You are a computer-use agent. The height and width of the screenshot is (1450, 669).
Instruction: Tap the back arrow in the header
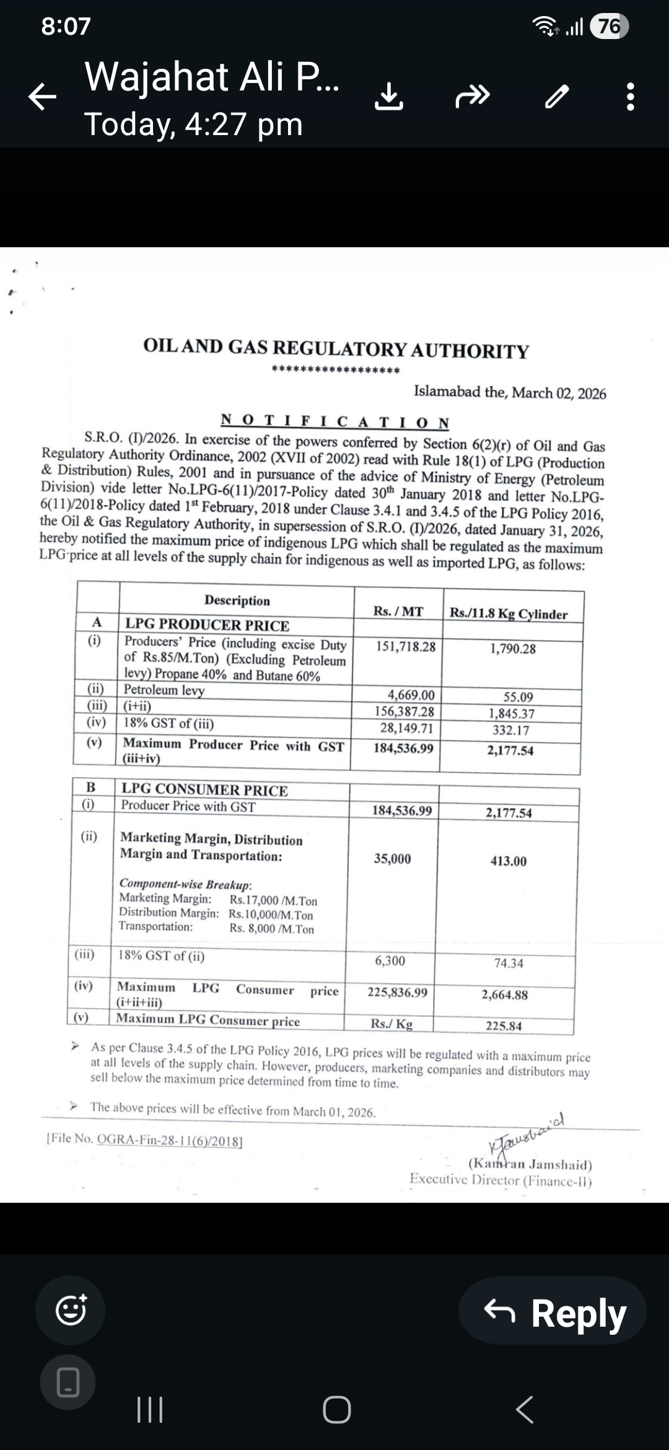coord(43,97)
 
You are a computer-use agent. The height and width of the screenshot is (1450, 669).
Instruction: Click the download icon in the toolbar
coord(389,97)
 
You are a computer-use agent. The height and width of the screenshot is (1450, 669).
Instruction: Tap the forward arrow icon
coord(473,97)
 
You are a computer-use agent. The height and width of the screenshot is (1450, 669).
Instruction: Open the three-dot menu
coord(631,97)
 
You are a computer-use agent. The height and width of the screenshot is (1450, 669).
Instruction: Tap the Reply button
coord(553,1310)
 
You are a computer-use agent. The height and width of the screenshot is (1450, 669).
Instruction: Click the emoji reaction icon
coord(71,1310)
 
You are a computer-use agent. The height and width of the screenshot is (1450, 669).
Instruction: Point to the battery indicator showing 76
coord(609,27)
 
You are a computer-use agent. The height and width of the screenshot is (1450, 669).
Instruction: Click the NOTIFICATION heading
coord(335,422)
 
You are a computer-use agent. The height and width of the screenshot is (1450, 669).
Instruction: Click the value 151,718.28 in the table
coord(406,647)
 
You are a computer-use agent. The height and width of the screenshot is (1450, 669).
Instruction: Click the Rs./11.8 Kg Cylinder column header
coord(509,614)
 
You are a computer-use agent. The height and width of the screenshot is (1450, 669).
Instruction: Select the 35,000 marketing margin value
coord(392,859)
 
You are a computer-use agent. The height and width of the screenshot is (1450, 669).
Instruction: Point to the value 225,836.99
coord(397,992)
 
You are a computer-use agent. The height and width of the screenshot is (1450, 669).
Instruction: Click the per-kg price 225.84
coord(504,1026)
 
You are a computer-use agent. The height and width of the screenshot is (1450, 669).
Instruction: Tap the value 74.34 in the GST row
coord(509,963)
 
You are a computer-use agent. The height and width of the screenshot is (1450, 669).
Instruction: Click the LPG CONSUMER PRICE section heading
coord(204,789)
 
